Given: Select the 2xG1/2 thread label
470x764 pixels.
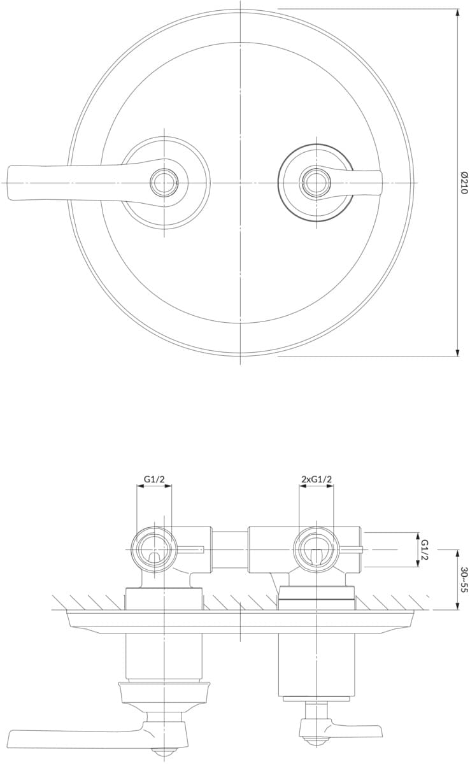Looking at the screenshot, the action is click(317, 479).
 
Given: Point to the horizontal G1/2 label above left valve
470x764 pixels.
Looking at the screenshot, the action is click(154, 479).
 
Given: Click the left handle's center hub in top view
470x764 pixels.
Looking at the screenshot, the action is click(164, 183).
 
